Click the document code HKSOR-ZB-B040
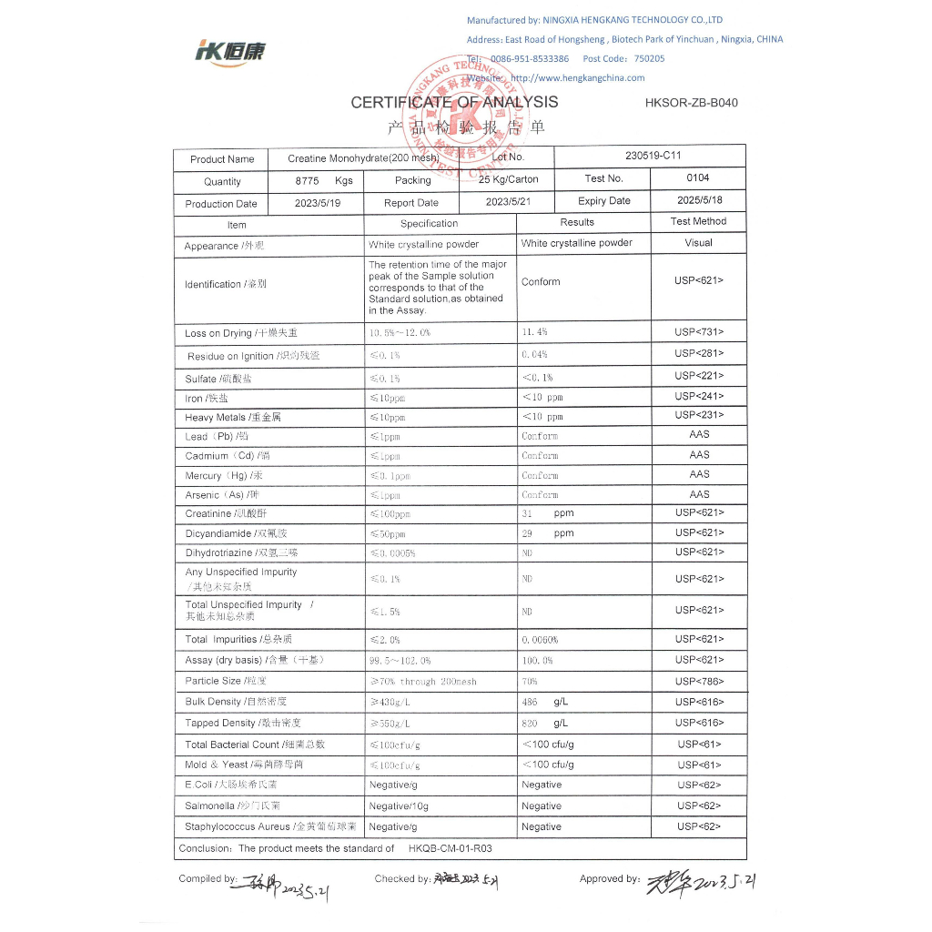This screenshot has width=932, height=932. [691, 103]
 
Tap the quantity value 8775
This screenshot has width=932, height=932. [308, 181]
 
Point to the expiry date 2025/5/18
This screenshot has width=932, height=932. [700, 200]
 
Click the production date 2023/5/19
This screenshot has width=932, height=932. [317, 203]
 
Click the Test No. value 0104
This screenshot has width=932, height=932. [698, 178]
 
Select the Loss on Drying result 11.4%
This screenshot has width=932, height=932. [534, 333]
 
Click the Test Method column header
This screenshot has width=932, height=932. [698, 221]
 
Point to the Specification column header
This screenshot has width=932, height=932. [429, 223]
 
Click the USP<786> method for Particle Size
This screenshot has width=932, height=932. [699, 681]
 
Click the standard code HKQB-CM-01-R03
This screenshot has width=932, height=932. [450, 848]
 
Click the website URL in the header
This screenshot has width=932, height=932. [577, 78]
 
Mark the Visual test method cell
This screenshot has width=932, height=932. [698, 243]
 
